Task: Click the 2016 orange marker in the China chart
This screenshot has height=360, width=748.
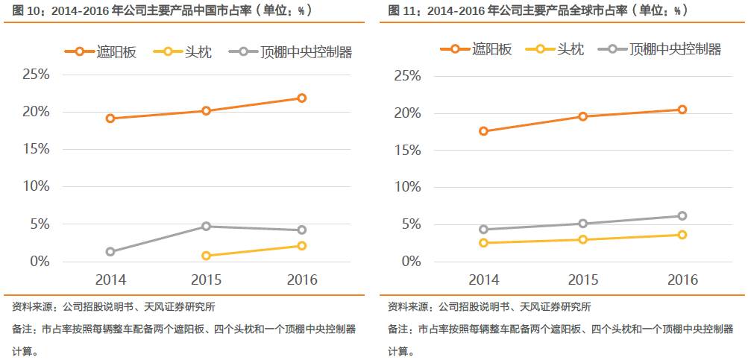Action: (302, 98)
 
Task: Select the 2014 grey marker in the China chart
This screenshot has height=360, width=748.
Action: (110, 252)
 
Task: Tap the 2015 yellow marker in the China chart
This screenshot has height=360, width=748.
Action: (206, 256)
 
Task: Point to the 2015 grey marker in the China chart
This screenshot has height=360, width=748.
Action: (206, 226)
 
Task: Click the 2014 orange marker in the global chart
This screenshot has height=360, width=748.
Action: (484, 131)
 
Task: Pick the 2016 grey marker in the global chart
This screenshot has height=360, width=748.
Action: (682, 216)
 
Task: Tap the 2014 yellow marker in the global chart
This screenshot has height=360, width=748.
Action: (484, 243)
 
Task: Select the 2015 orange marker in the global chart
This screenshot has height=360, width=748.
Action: (583, 116)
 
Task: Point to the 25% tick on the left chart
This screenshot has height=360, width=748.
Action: (36, 75)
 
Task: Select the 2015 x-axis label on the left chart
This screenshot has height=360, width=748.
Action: (206, 280)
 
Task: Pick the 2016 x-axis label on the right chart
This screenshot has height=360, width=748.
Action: (682, 280)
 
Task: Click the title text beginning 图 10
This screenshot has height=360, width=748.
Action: (157, 11)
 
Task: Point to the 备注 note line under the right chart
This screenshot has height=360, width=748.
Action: (560, 329)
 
